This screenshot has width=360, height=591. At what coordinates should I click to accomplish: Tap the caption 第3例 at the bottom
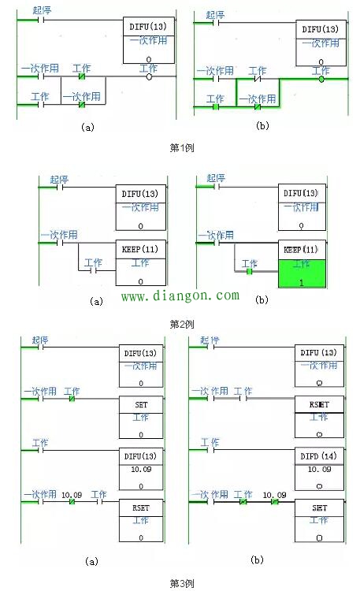182,583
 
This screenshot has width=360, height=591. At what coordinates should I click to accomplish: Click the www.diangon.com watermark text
179,296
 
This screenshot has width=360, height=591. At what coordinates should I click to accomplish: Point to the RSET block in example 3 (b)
319,409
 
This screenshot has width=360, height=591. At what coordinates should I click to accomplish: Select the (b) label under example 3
256,559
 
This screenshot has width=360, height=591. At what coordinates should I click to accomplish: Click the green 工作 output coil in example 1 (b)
321,79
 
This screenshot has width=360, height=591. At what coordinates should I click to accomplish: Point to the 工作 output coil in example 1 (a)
149,77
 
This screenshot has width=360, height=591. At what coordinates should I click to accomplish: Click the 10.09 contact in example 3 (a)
71,502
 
